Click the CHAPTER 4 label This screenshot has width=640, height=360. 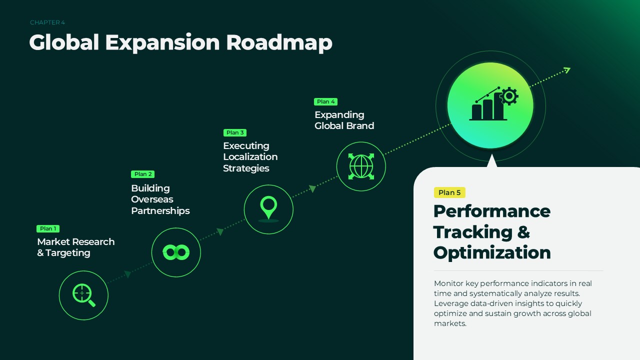[47, 22]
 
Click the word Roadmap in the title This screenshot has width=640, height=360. [279, 43]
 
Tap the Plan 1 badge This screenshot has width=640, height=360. [48, 228]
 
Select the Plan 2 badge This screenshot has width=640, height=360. [143, 174]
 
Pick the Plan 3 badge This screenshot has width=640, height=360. [235, 132]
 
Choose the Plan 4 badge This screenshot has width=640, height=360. [325, 101]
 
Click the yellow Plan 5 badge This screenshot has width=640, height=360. [449, 192]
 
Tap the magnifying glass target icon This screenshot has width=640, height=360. [83, 295]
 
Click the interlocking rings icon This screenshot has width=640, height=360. [176, 252]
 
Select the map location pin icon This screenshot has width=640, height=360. [268, 208]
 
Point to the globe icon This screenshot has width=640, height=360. [361, 166]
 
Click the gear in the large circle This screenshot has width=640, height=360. [509, 96]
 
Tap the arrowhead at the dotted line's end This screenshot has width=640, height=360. [566, 70]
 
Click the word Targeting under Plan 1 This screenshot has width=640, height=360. [68, 253]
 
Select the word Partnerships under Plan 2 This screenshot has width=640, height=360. [160, 211]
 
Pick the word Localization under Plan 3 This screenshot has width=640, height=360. [250, 157]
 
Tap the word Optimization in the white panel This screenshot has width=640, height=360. [492, 253]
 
